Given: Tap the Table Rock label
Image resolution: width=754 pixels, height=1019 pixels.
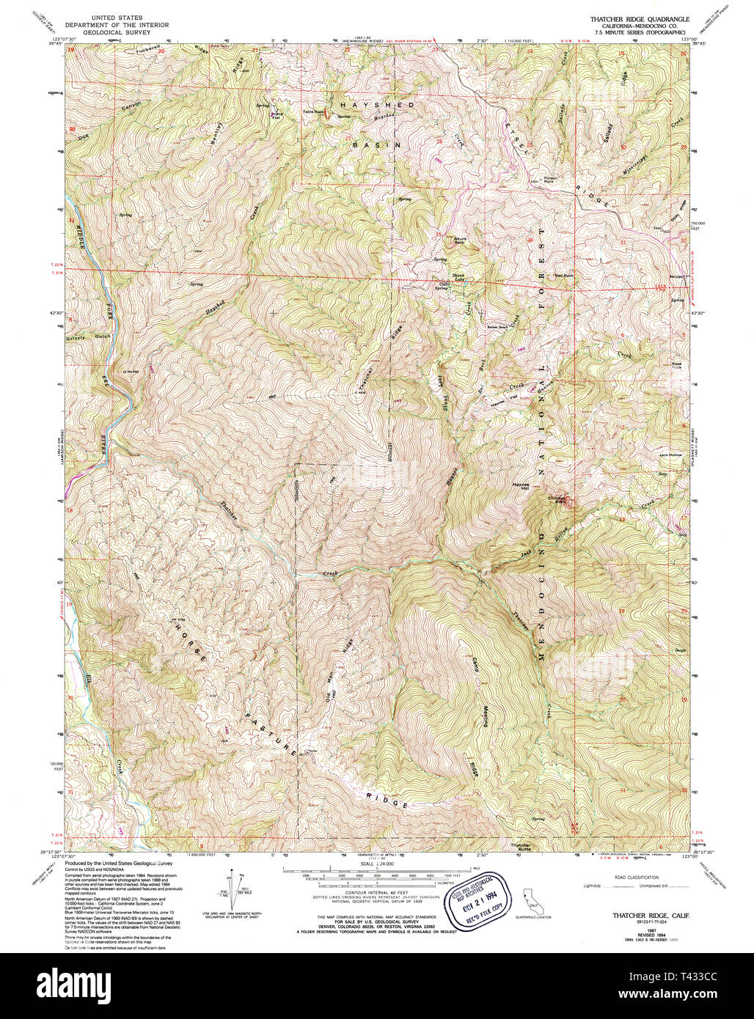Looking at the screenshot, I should click(x=313, y=112).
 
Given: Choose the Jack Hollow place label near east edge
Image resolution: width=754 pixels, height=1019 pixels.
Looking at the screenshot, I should click(x=670, y=455).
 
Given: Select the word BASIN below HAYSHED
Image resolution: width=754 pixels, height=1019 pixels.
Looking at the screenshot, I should click(x=376, y=145).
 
